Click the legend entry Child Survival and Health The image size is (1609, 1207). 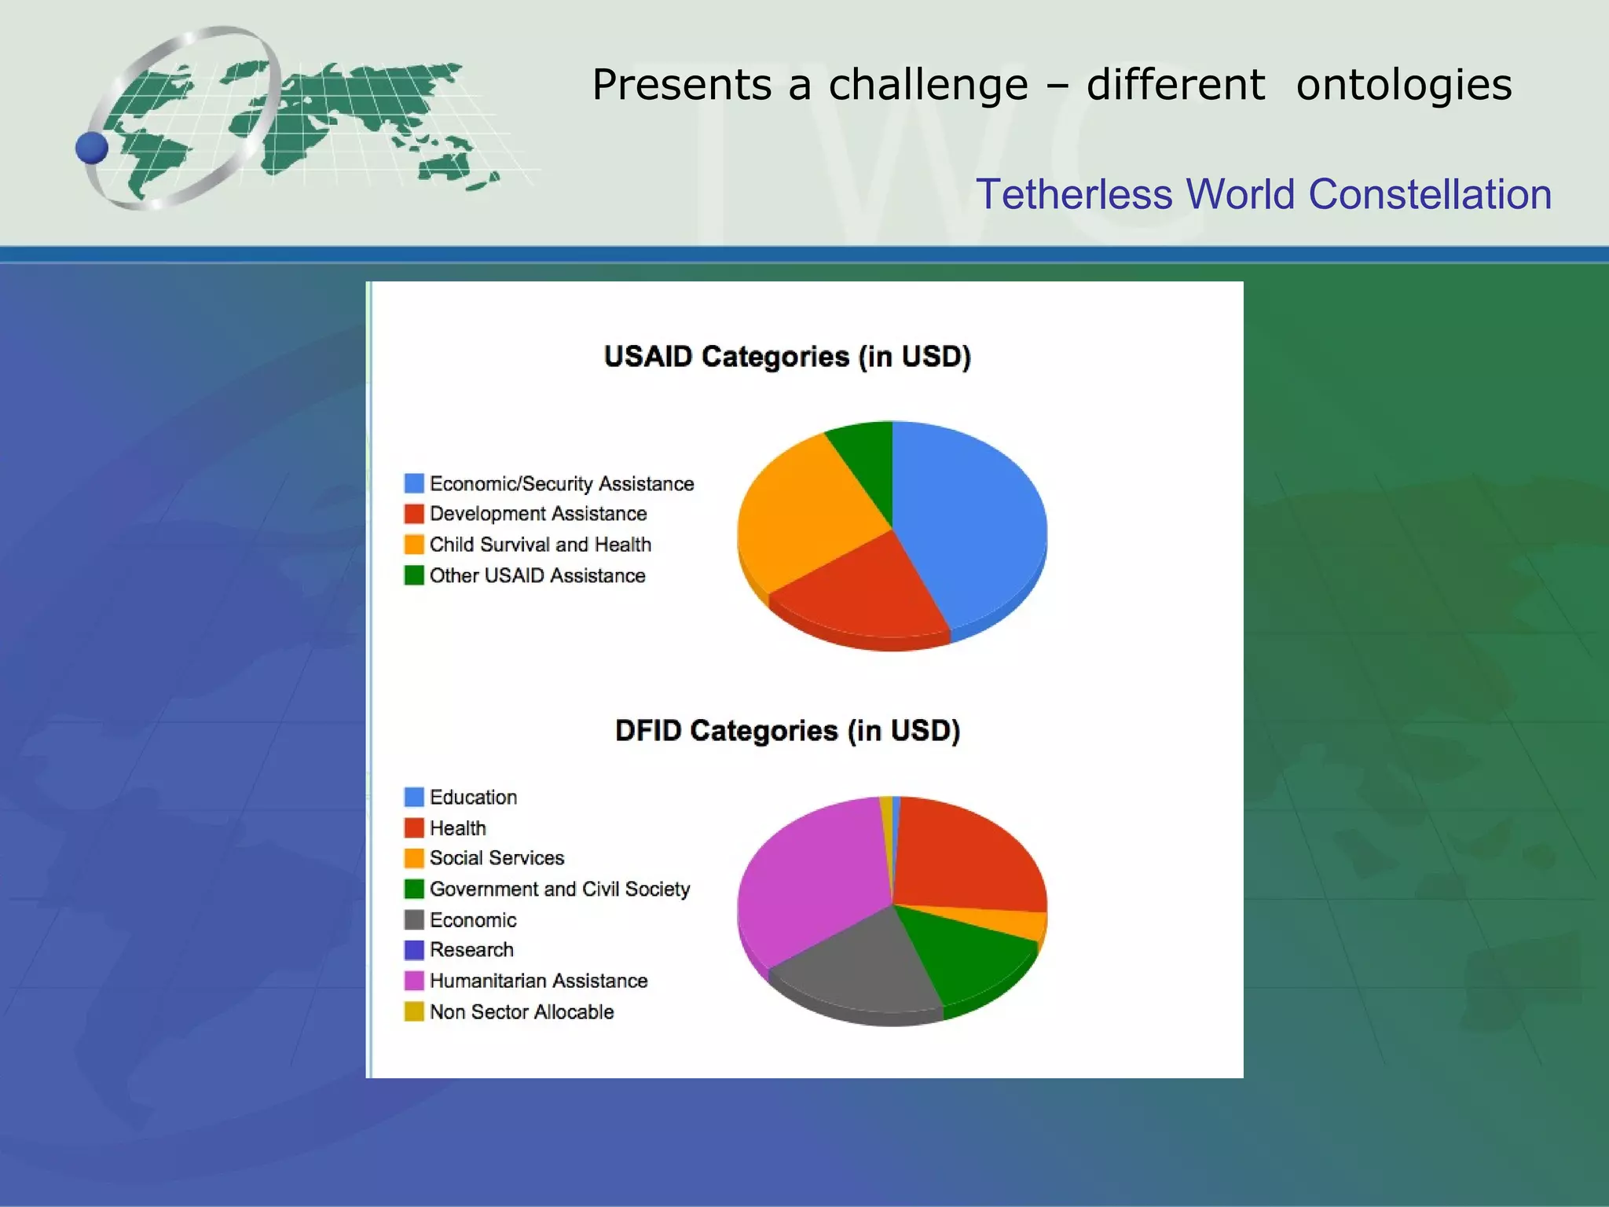(x=540, y=545)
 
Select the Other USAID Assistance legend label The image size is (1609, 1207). (x=537, y=576)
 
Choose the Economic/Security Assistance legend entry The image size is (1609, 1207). (x=561, y=483)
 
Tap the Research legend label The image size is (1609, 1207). (x=471, y=950)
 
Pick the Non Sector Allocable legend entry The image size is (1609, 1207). (x=521, y=1012)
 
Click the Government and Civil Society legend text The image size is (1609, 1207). (x=559, y=889)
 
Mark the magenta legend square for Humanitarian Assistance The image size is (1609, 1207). (x=414, y=981)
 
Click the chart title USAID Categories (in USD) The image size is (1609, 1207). (x=787, y=357)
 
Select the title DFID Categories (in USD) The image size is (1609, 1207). (x=787, y=731)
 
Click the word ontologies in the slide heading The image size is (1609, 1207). (x=1403, y=85)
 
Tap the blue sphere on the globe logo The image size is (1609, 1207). (x=92, y=148)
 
